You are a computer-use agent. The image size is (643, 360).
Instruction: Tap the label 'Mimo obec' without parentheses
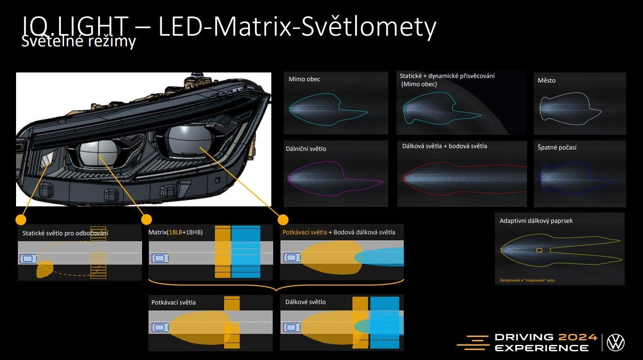tap(304, 79)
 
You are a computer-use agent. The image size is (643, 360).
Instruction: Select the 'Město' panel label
tap(546, 81)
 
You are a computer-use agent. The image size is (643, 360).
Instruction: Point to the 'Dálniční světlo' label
tap(306, 149)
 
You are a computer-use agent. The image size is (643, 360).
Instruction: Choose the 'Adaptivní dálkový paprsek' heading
tap(536, 221)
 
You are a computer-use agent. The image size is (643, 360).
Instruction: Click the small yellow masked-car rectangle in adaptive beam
tap(539, 250)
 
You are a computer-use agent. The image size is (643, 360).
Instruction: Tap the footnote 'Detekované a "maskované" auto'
tap(527, 280)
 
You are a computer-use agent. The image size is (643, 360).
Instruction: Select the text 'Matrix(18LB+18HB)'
tap(176, 233)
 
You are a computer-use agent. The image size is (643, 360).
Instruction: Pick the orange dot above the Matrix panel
tap(147, 219)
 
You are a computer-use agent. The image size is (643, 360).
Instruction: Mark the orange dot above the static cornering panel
tap(20, 219)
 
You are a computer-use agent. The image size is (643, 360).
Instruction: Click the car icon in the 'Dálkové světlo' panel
tap(291, 327)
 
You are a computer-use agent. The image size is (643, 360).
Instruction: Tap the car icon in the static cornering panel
tap(27, 259)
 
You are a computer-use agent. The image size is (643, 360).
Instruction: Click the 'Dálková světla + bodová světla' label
tap(445, 146)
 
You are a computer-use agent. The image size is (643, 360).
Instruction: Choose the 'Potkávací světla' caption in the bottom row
tap(173, 302)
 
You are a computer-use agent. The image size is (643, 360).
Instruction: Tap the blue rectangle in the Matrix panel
tap(245, 251)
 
